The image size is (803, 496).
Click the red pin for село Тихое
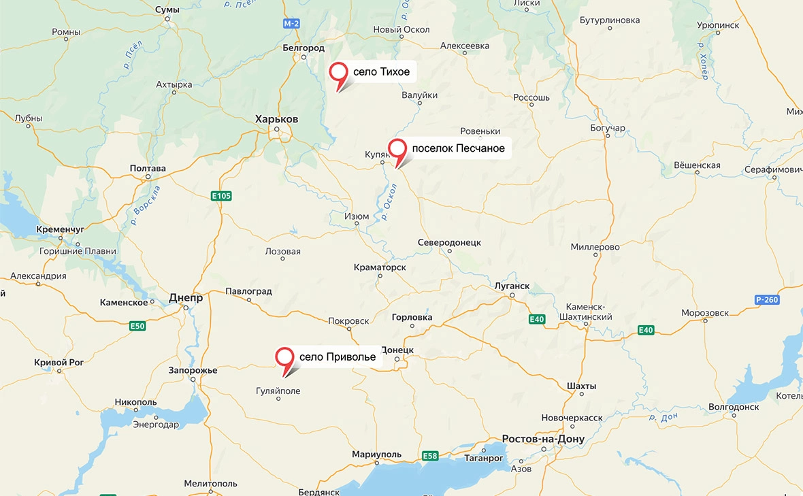[x=338, y=73]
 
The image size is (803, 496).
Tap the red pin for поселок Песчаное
[x=397, y=149]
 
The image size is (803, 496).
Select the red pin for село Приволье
[x=284, y=358]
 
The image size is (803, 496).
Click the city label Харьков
[x=276, y=119]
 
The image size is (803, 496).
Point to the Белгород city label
[x=304, y=48]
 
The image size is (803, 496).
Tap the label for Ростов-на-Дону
[x=542, y=439]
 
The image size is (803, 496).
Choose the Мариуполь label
[x=376, y=454]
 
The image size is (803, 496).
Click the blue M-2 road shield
[x=291, y=24]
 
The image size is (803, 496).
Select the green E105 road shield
[x=221, y=196]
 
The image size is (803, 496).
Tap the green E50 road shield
[x=137, y=327]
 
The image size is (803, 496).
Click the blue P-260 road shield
[x=766, y=300]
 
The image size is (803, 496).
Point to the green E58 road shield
[x=429, y=456]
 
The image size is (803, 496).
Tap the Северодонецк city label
[x=449, y=243]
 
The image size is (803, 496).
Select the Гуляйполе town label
[x=278, y=391]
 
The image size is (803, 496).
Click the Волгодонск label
[x=734, y=407]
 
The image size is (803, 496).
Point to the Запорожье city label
[x=193, y=370]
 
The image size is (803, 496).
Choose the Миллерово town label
[x=595, y=247]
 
